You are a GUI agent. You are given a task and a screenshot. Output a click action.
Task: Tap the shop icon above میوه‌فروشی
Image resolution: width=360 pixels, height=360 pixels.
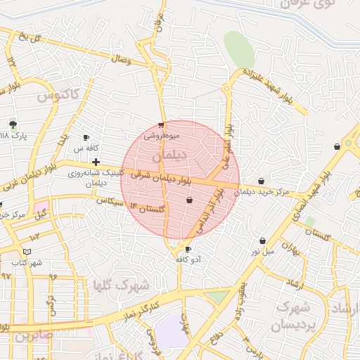click(x=162, y=125)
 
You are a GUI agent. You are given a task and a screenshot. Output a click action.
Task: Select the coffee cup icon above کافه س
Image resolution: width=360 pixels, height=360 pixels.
click(x=86, y=138)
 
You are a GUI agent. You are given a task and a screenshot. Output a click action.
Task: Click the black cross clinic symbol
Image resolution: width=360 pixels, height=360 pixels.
click(x=96, y=162)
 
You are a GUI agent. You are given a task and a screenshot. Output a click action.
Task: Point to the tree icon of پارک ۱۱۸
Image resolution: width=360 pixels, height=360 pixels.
click(x=13, y=124)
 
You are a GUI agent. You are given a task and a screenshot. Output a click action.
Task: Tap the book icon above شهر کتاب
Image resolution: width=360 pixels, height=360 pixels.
click(x=27, y=252)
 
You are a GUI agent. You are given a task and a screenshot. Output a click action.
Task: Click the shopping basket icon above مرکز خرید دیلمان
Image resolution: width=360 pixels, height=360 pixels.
click(x=262, y=181)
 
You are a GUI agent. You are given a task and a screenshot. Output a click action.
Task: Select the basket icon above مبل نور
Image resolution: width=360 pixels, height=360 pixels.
click(x=262, y=240)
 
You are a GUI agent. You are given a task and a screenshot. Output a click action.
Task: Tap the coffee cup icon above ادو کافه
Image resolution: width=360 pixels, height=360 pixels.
click(x=188, y=249)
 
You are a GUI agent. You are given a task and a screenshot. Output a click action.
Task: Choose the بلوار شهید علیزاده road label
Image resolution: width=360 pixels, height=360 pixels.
click(x=275, y=86)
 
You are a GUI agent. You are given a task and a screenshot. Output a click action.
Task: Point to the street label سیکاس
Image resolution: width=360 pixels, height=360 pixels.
click(x=111, y=202)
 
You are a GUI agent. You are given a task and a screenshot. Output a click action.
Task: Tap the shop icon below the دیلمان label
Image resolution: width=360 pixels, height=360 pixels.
click(x=189, y=201)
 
